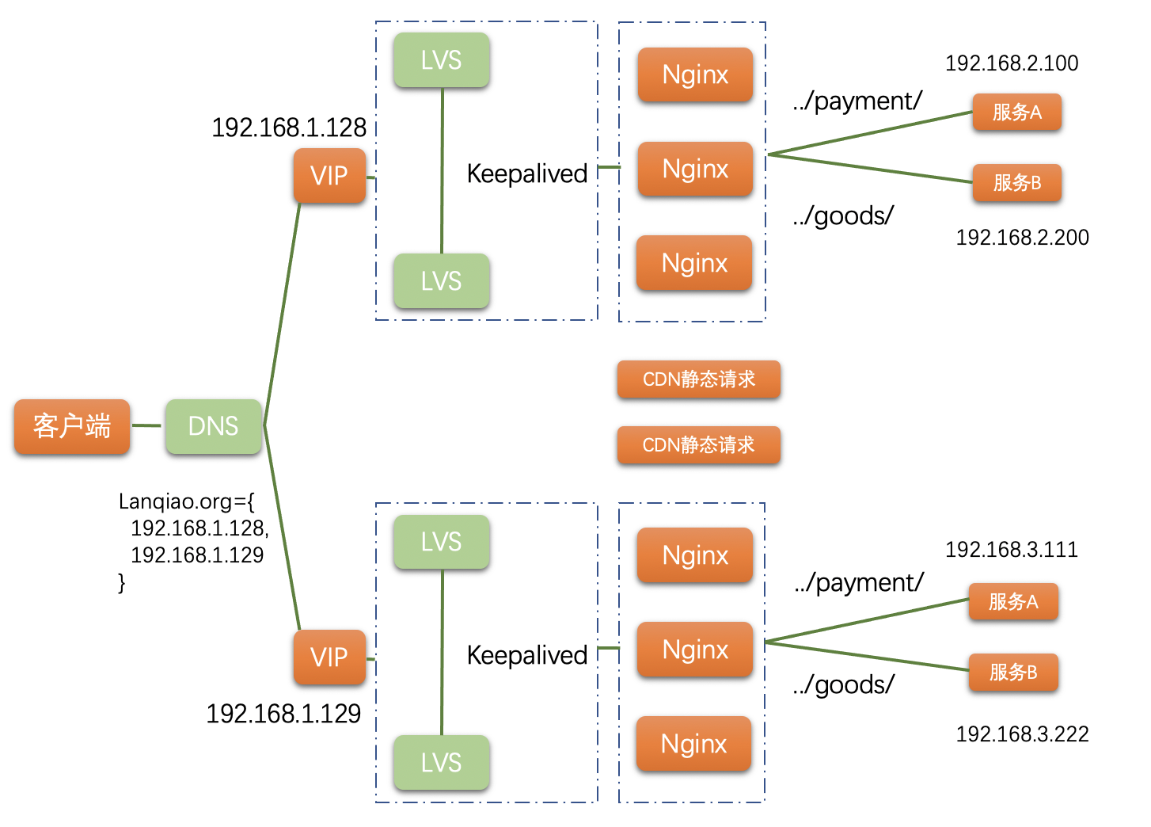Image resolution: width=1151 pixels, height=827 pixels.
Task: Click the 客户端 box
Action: (x=71, y=426)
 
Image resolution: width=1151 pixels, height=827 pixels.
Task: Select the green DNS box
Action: (x=213, y=426)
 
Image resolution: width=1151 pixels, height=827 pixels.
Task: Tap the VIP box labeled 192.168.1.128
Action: (x=329, y=175)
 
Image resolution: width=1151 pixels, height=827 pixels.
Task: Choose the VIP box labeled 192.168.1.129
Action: (x=329, y=657)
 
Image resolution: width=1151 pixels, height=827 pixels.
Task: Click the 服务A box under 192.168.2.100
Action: (x=1016, y=112)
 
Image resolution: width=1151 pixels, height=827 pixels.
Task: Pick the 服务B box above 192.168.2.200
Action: (x=1016, y=182)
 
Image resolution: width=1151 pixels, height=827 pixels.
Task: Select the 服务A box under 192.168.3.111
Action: (x=1012, y=601)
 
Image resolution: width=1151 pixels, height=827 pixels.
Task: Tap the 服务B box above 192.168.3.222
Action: (x=1012, y=672)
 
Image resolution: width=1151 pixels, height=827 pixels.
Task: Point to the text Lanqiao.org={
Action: (x=186, y=501)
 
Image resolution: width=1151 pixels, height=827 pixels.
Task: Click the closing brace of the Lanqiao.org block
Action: (x=121, y=583)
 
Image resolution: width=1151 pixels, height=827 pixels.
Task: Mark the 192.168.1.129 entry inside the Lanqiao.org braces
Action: (x=197, y=555)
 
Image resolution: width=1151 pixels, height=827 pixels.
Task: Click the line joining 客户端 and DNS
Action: (x=146, y=425)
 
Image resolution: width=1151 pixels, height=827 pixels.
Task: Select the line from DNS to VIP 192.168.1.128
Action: (x=282, y=313)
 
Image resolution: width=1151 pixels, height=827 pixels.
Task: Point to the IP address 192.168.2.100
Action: (x=1011, y=63)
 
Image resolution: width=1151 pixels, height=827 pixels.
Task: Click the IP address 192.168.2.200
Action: (x=1022, y=238)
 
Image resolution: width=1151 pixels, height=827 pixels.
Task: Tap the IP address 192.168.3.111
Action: (x=1011, y=550)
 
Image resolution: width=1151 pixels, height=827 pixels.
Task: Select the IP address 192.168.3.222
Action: (x=1022, y=734)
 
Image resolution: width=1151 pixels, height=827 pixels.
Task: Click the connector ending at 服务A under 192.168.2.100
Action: (x=871, y=133)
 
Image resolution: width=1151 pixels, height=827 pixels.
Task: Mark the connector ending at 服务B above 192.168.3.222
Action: (x=867, y=656)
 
